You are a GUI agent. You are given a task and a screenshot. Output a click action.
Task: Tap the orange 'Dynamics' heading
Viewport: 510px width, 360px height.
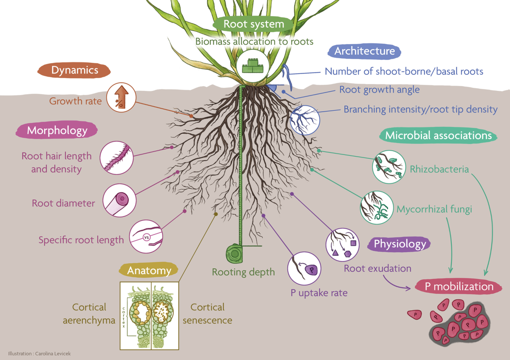[74, 70]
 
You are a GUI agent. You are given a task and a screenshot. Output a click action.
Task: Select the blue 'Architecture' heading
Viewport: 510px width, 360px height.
[364, 51]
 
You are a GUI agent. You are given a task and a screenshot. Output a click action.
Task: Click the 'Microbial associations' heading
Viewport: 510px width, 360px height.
[438, 135]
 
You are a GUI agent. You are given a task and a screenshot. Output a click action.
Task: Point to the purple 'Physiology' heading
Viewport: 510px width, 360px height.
[399, 244]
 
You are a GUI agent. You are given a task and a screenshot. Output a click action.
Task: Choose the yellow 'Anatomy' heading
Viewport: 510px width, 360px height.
[149, 270]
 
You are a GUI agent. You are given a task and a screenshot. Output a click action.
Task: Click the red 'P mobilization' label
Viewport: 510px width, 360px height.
[459, 287]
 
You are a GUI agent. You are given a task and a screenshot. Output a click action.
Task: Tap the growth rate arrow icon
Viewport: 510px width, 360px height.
[121, 98]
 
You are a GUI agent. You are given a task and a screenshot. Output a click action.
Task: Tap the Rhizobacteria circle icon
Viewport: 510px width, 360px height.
[388, 167]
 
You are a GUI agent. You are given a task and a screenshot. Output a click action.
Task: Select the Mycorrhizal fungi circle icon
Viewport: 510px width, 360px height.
[377, 207]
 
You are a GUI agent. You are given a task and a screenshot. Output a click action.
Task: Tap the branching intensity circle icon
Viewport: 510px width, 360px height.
[305, 120]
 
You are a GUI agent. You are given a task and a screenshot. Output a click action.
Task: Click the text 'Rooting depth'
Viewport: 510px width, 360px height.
[244, 272]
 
